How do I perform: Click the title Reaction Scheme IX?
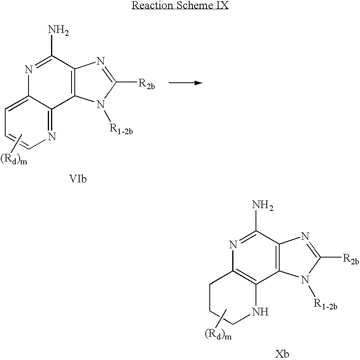(x=180, y=5)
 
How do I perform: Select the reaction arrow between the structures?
(x=186, y=83)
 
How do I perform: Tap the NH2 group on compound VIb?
(x=59, y=31)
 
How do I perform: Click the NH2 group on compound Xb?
(x=263, y=205)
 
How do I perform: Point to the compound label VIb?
(x=78, y=179)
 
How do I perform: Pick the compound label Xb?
(x=282, y=354)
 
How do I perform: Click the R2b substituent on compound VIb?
(x=147, y=84)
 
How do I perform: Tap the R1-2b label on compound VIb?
(x=121, y=129)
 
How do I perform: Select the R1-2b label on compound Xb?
(x=325, y=305)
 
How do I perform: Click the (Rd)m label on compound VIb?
(x=14, y=159)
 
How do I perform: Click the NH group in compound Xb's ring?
(x=260, y=312)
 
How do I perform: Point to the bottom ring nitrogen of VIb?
(x=52, y=137)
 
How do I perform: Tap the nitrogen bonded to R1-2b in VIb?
(x=100, y=105)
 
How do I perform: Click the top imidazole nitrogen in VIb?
(x=100, y=61)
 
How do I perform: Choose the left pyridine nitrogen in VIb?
(x=29, y=70)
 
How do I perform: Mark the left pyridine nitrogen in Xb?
(x=233, y=245)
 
